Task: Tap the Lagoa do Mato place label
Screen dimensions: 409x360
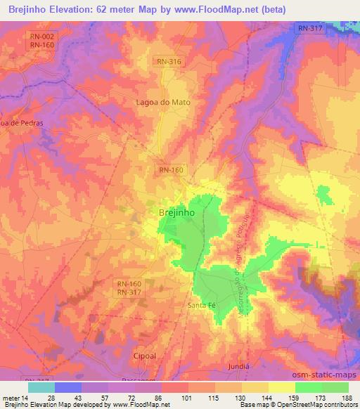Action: [x=163, y=102]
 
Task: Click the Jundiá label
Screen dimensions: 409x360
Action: [x=239, y=367]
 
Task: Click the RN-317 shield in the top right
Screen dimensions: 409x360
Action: [x=309, y=28]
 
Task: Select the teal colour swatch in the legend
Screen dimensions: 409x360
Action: [x=41, y=387]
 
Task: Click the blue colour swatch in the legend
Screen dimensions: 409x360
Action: [x=67, y=387]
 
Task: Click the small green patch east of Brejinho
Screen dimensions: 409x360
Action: [x=323, y=193]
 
